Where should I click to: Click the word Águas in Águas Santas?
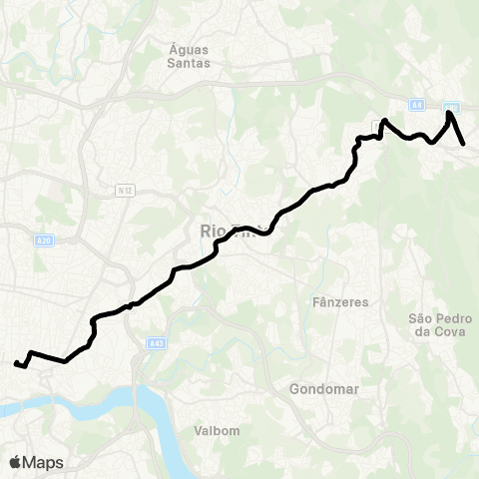pyautogui.click(x=187, y=45)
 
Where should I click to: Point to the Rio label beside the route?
pyautogui.click(x=214, y=232)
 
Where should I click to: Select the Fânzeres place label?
pyautogui.click(x=341, y=301)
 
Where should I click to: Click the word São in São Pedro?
pyautogui.click(x=423, y=318)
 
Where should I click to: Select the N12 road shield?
pyautogui.click(x=125, y=191)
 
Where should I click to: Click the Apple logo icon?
pyautogui.click(x=16, y=462)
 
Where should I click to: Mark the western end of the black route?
pyautogui.click(x=15, y=364)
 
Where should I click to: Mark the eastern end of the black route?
pyautogui.click(x=465, y=145)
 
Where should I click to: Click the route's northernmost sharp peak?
pyautogui.click(x=450, y=113)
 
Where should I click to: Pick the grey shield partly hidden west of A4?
pyautogui.click(x=376, y=124)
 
